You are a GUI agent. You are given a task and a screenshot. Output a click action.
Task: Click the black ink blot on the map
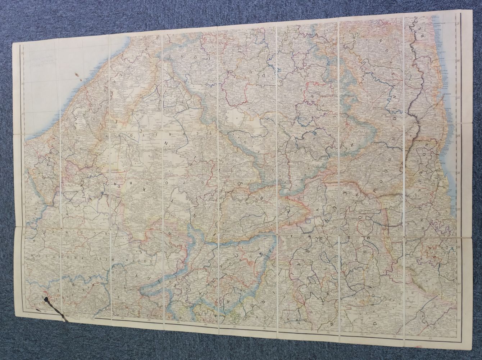click(46, 298)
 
